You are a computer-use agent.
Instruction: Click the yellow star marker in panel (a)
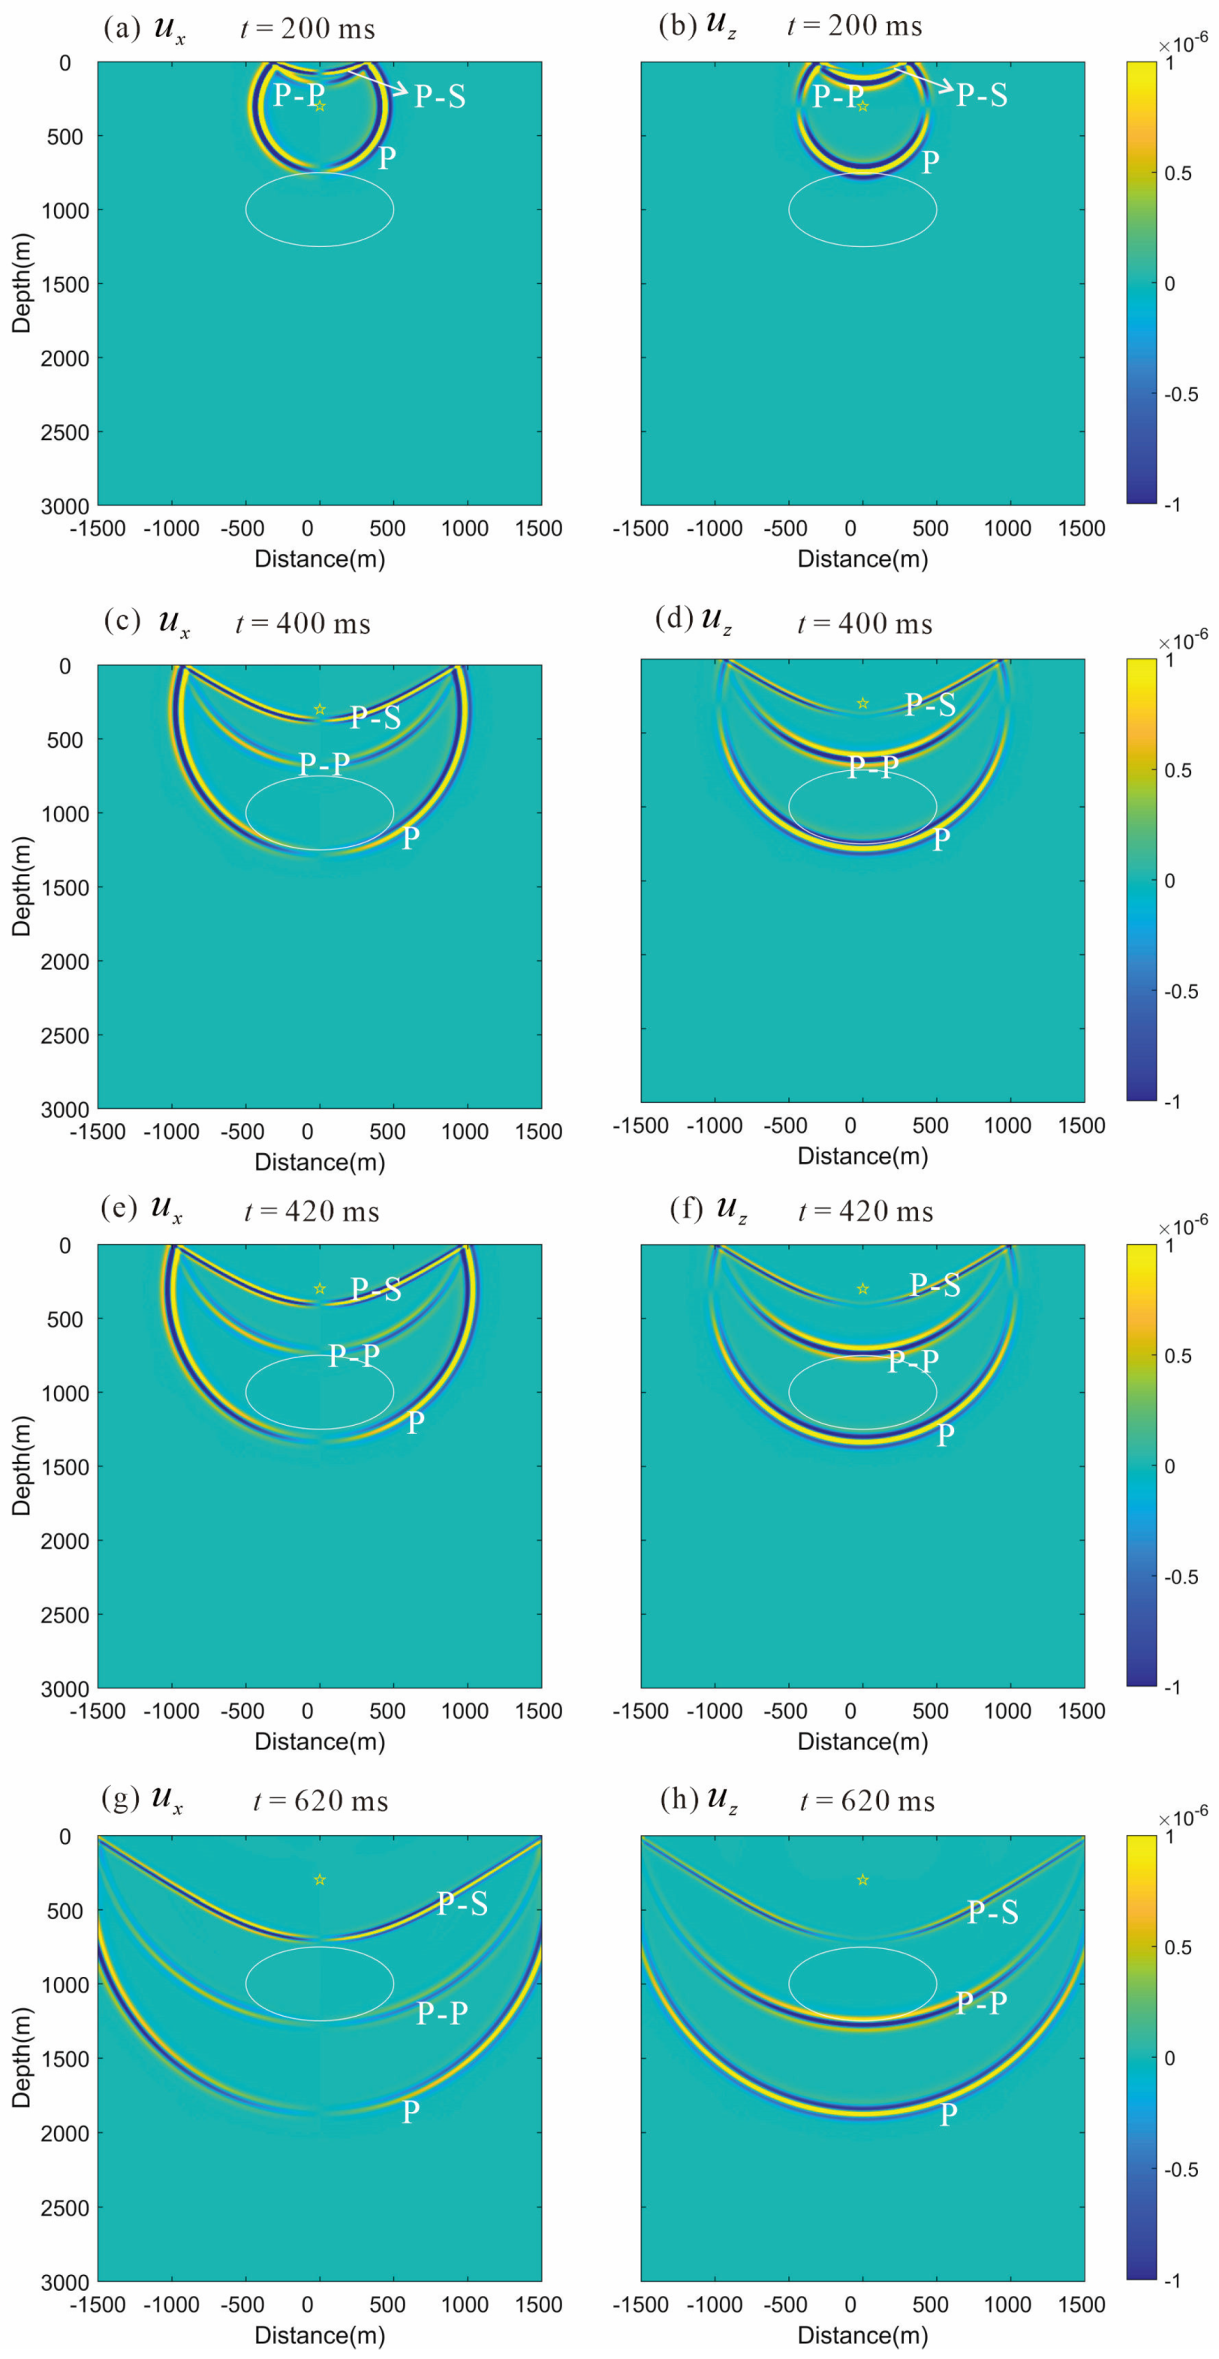[320, 106]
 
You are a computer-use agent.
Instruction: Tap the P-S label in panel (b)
[981, 95]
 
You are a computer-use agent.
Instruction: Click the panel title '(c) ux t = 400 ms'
[238, 622]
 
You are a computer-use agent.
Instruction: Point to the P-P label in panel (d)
[873, 767]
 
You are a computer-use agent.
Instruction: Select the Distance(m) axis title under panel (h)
[862, 2334]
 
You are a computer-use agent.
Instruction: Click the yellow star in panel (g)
[320, 1880]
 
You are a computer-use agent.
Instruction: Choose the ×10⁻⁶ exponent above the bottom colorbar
[1182, 1812]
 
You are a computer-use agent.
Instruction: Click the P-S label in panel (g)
[462, 1905]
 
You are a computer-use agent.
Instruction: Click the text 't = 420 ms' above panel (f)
[865, 1212]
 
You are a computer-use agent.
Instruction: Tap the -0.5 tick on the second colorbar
[1180, 991]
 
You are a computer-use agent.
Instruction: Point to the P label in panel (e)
[415, 1423]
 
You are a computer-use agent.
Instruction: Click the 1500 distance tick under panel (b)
[1081, 528]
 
